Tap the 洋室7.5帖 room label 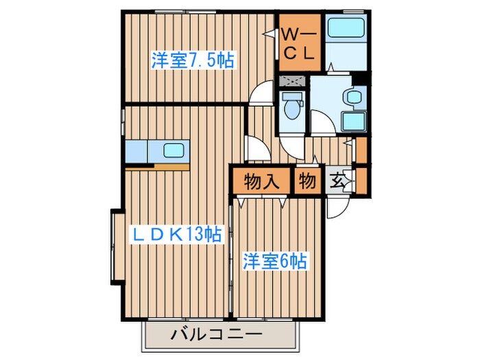click(x=193, y=60)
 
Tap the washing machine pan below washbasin click(x=354, y=122)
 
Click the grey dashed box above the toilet click(x=293, y=82)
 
